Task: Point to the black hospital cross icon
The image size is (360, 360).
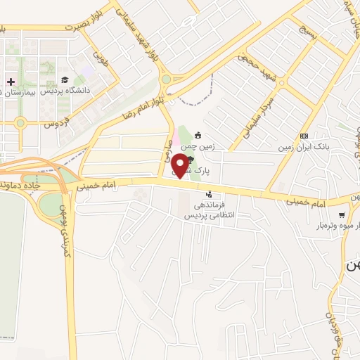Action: coord(11,82)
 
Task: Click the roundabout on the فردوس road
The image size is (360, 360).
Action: coord(20,123)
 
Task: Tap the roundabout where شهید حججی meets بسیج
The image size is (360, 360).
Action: coord(281,82)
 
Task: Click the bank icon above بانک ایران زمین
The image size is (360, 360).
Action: coord(304,136)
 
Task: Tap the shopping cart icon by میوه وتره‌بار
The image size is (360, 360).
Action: coord(341,215)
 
